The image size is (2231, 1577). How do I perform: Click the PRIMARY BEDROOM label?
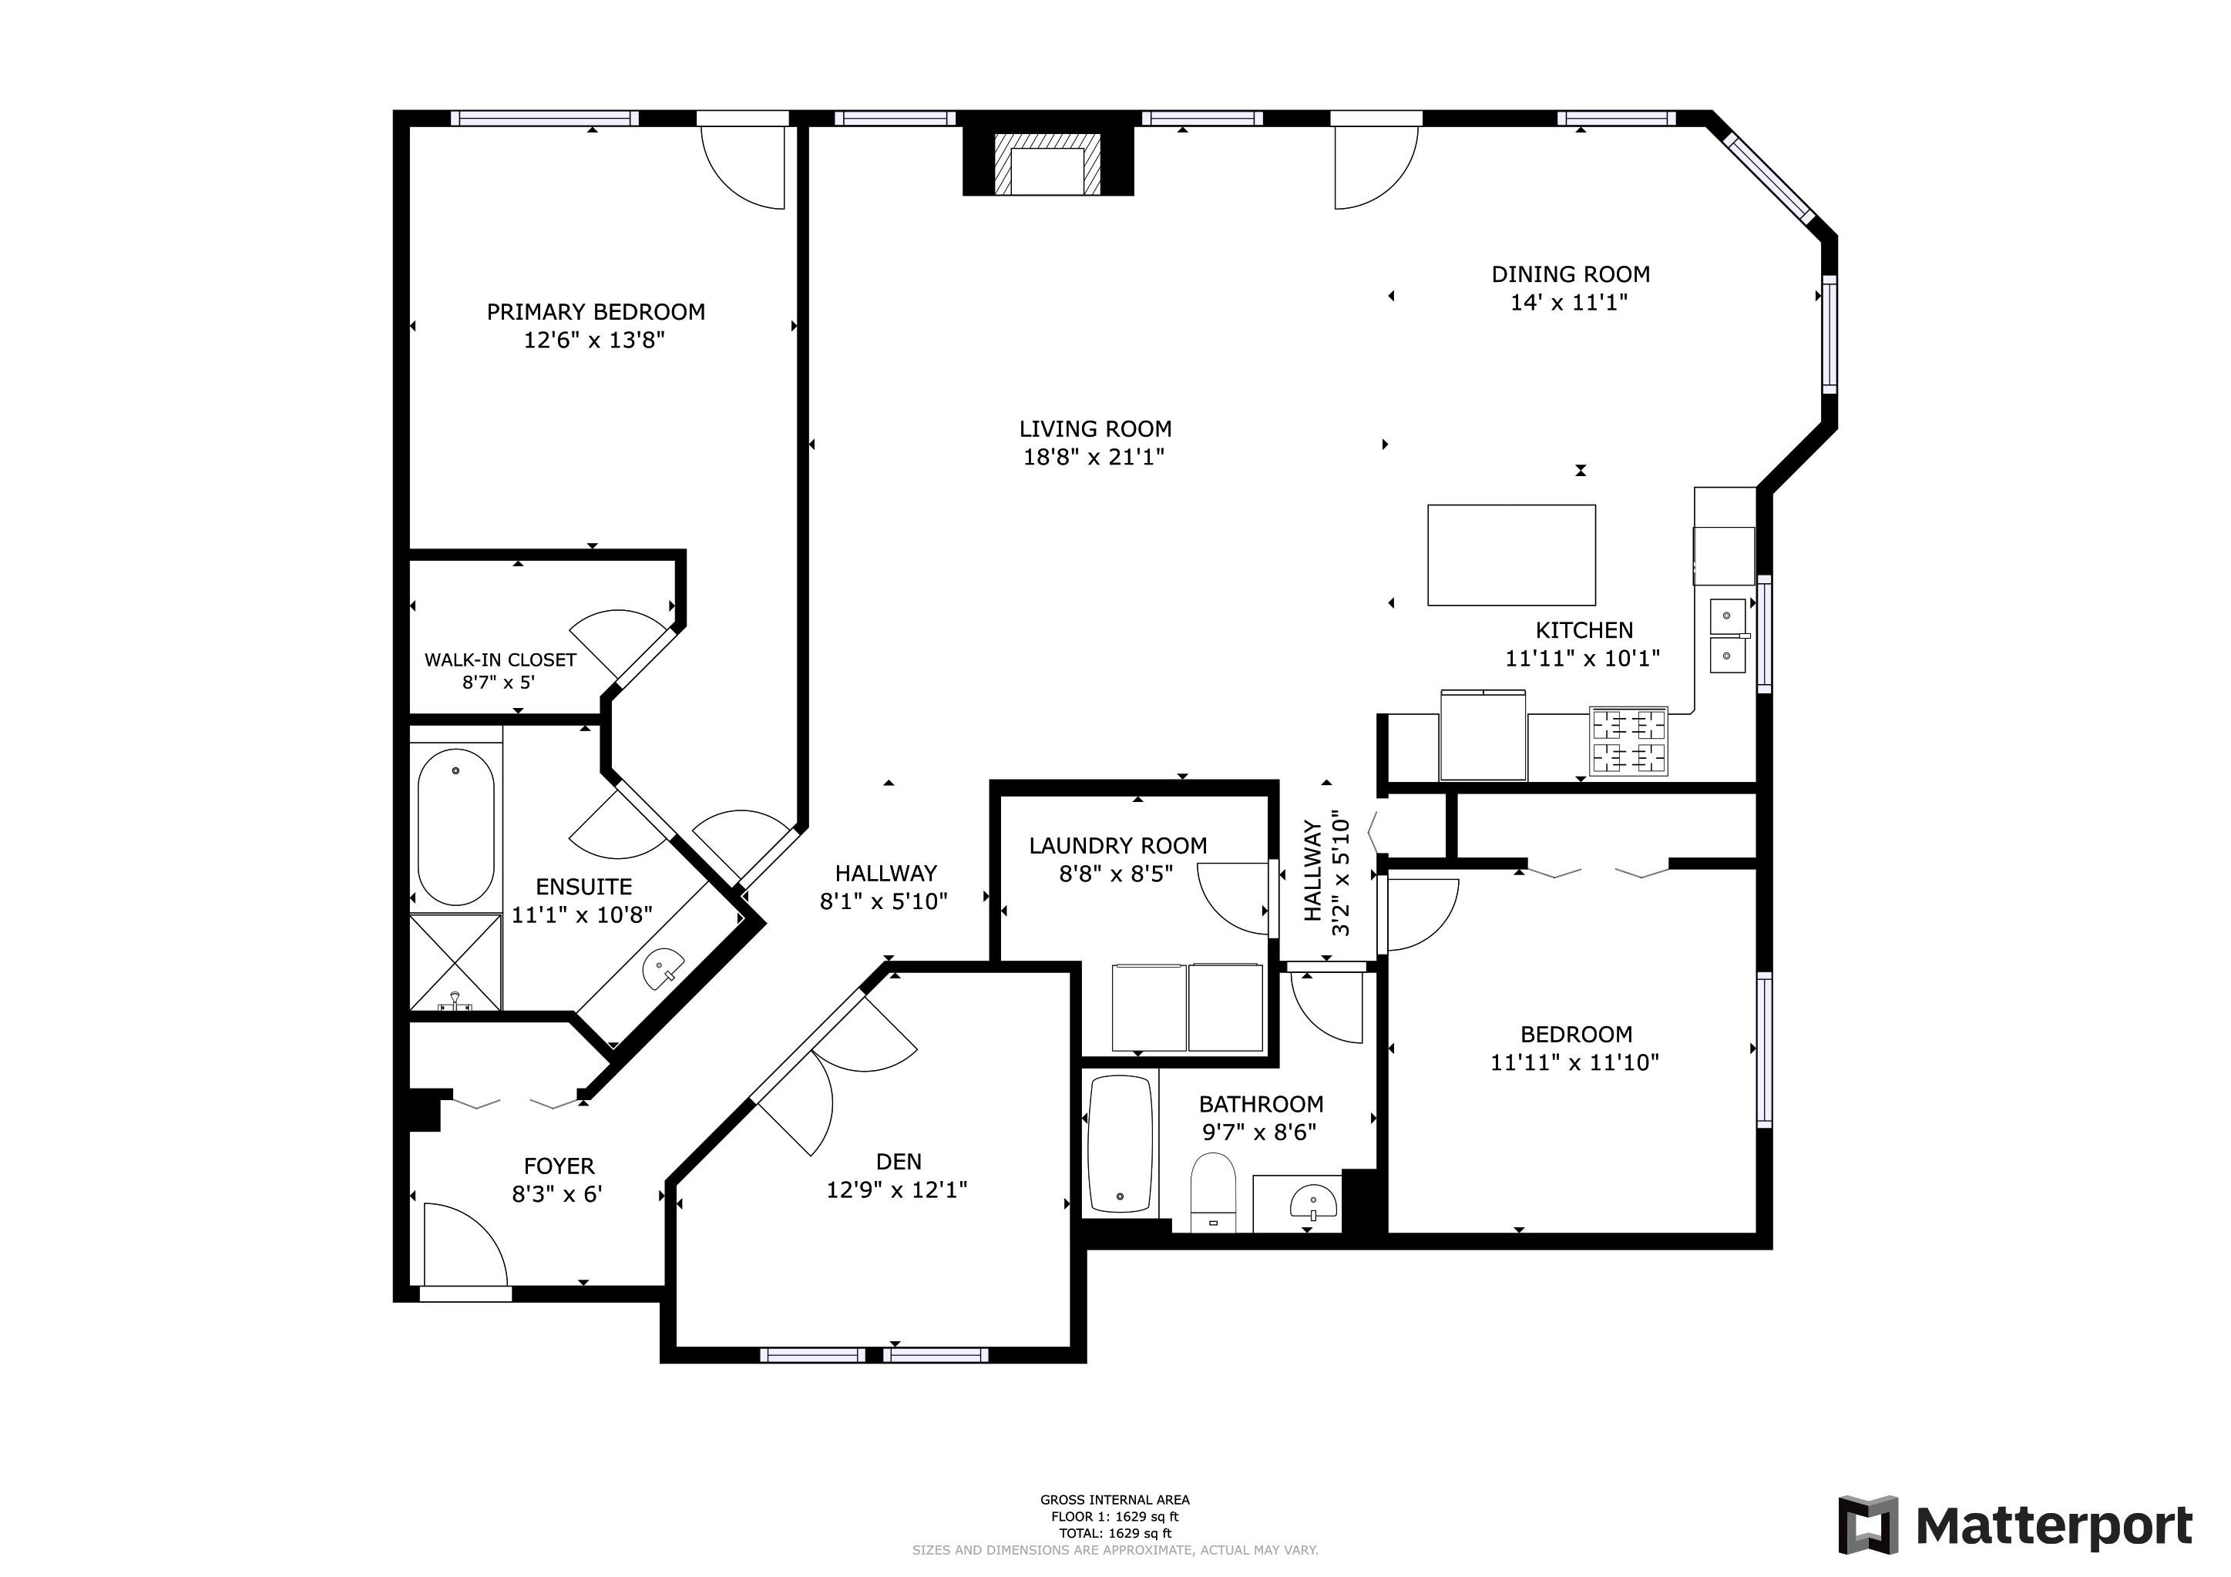coord(596,312)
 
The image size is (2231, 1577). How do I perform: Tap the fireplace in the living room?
coord(1047,161)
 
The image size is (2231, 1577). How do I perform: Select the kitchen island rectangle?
coord(1511,555)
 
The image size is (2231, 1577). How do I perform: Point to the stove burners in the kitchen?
coord(1628,741)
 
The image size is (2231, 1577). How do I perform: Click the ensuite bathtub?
coord(455,826)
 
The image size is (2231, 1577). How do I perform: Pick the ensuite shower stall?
coord(455,962)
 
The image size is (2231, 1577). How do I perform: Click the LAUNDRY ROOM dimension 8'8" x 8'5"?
coord(1117,874)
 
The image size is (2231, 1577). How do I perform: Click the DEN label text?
coord(899,1161)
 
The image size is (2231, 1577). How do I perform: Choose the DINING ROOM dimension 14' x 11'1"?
coord(1569,302)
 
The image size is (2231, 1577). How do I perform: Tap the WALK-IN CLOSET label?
coord(500,659)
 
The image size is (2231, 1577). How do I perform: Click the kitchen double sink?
coord(1728,636)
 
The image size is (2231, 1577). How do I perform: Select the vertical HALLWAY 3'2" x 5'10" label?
coord(1327,873)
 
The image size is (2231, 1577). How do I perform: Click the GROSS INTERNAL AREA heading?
coord(1114,1500)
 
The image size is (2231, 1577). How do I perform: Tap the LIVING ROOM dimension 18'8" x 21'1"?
coord(1094,457)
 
